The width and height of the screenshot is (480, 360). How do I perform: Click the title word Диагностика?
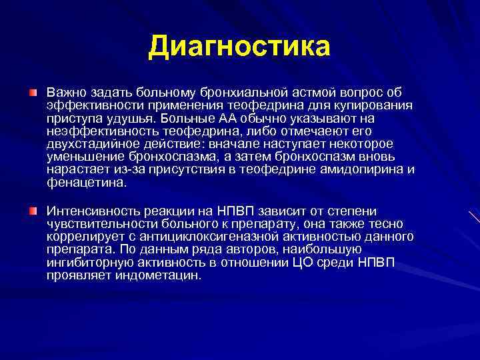[x=239, y=46]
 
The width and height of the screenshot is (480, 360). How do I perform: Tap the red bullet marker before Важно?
[x=33, y=90]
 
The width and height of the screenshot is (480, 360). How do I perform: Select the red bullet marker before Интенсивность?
[x=33, y=211]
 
